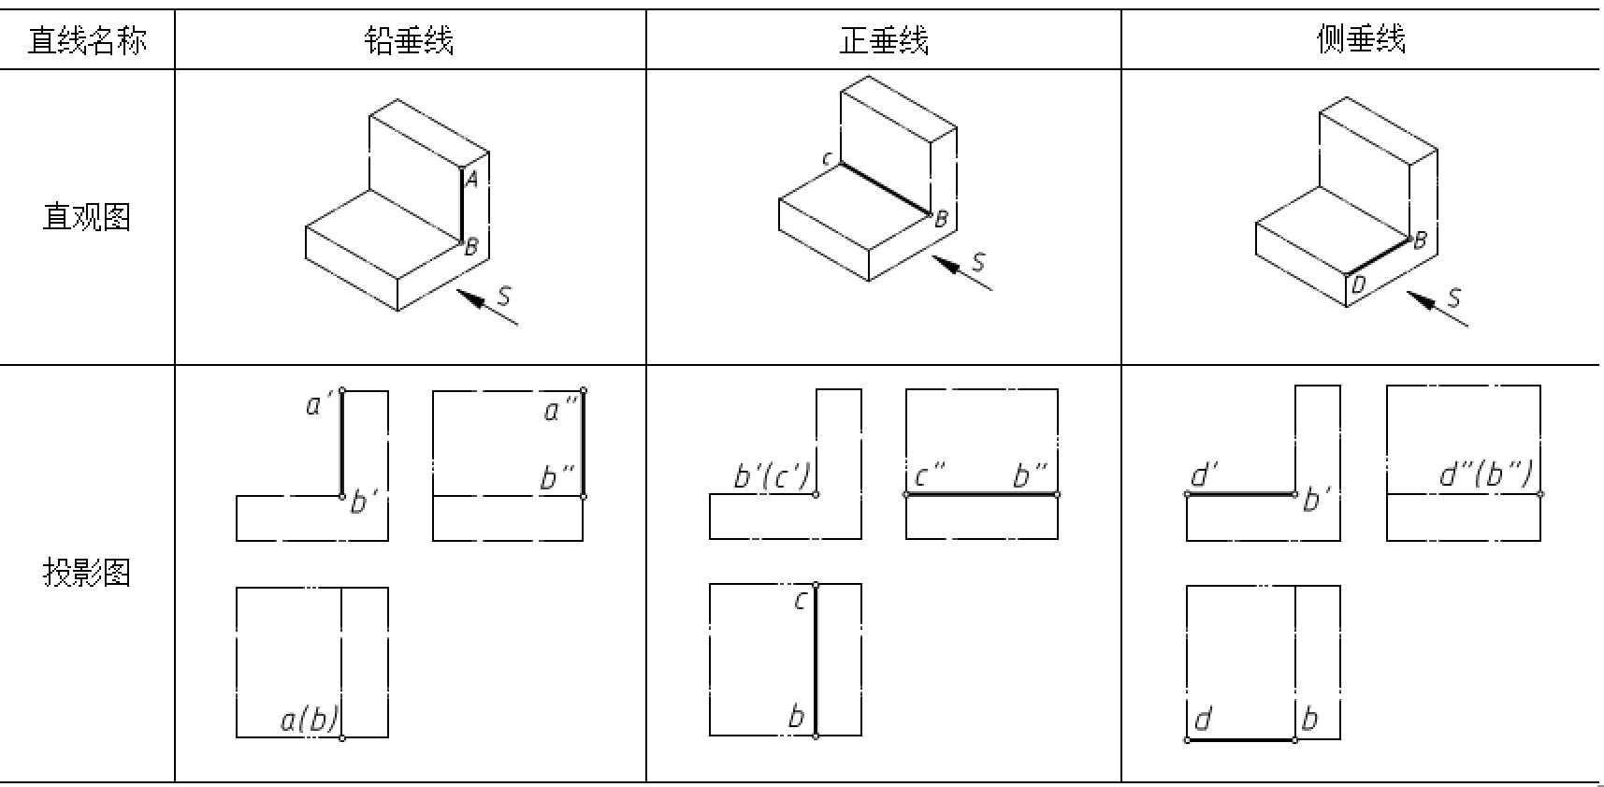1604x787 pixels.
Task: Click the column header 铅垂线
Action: pyautogui.click(x=409, y=40)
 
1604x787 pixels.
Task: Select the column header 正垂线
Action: pyautogui.click(x=883, y=40)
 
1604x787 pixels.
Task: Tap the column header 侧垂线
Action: pyautogui.click(x=1361, y=40)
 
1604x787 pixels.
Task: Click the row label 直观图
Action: pyautogui.click(x=86, y=217)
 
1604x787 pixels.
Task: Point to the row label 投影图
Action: pyautogui.click(x=86, y=572)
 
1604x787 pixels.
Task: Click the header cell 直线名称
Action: pyautogui.click(x=86, y=40)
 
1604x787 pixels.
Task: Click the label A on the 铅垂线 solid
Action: pyautogui.click(x=472, y=180)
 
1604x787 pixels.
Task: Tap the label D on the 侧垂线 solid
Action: pyautogui.click(x=1359, y=284)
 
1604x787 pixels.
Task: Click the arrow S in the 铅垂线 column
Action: pyautogui.click(x=486, y=308)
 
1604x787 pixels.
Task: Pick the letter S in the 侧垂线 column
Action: pyautogui.click(x=1453, y=298)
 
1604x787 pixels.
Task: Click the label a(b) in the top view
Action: pyautogui.click(x=310, y=720)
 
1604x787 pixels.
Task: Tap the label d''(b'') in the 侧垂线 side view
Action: pyautogui.click(x=1485, y=475)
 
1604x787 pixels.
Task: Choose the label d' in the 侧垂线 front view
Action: pyautogui.click(x=1203, y=475)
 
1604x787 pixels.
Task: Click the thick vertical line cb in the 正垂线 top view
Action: pyautogui.click(x=816, y=660)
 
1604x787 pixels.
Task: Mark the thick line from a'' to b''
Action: pyautogui.click(x=583, y=443)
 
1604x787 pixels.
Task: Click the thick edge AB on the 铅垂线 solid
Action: pyautogui.click(x=462, y=206)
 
